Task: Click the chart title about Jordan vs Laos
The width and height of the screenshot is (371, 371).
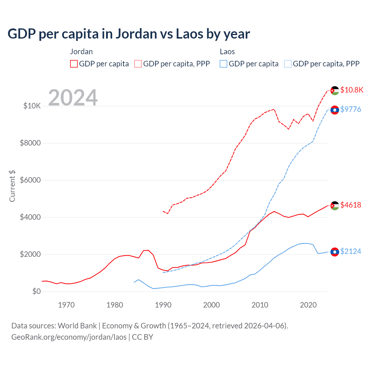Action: tap(129, 34)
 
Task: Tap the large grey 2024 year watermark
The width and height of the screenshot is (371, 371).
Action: tap(73, 98)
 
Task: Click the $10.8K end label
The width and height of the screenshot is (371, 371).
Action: tap(352, 90)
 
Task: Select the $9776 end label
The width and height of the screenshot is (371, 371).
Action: tap(350, 109)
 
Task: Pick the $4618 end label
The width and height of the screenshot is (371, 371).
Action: tap(350, 205)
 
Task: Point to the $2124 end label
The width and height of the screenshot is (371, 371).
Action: tap(350, 251)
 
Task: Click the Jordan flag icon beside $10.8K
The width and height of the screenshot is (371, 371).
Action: tap(335, 90)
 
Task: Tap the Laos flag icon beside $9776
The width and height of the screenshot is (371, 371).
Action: tap(335, 110)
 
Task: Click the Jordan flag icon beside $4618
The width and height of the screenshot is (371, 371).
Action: tap(335, 205)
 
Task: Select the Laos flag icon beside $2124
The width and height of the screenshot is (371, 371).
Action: tap(335, 252)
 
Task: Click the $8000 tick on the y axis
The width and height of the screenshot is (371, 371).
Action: tap(30, 143)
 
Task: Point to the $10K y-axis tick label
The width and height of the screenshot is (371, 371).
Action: tap(32, 106)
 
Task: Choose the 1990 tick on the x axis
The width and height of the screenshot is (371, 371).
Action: tap(163, 305)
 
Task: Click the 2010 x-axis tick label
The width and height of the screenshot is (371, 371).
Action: tap(260, 305)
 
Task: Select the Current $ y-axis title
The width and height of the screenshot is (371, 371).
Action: tap(12, 186)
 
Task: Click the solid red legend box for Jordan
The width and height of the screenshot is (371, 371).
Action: tap(74, 64)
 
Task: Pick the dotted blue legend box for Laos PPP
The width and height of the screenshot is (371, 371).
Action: tap(288, 64)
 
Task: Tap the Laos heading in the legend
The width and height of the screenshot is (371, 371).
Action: tap(227, 52)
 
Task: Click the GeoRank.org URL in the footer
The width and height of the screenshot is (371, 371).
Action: tap(69, 337)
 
